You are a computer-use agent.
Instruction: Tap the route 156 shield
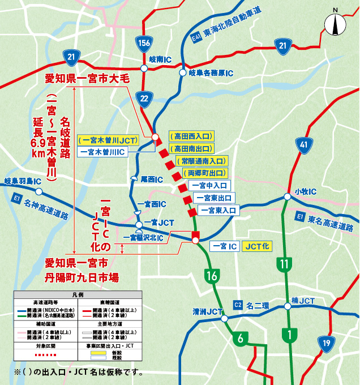[144, 42]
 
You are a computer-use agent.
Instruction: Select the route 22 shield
[144, 99]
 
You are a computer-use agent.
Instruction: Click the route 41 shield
[305, 146]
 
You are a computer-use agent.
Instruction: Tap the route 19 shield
[325, 343]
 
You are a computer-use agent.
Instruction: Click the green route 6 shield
[240, 339]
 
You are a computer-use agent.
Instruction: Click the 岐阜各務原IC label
[211, 73]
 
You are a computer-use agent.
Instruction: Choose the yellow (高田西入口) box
[191, 136]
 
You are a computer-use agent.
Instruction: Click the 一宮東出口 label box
[214, 198]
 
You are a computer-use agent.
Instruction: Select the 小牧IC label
[305, 191]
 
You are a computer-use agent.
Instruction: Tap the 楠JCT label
[303, 300]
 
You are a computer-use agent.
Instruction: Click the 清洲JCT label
[204, 311]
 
